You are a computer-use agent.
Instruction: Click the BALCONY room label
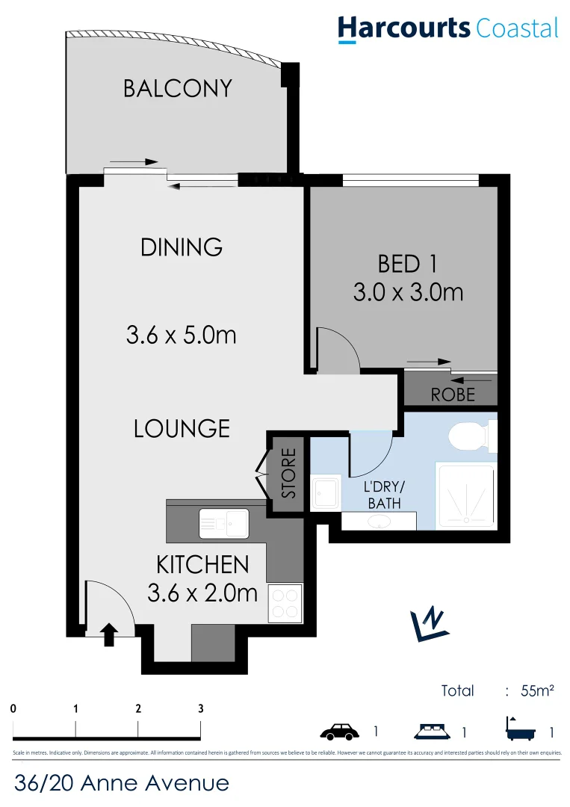click(x=178, y=88)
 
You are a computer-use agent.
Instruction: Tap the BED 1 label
click(x=407, y=264)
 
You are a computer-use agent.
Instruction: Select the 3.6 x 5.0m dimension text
click(x=181, y=335)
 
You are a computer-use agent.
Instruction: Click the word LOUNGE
click(x=182, y=429)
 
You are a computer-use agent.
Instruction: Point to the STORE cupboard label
click(x=289, y=474)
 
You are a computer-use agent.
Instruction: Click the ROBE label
click(x=453, y=394)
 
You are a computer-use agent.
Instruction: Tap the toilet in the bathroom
click(x=469, y=436)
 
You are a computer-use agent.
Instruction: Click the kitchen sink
click(x=224, y=522)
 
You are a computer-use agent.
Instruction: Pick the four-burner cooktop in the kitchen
click(x=285, y=603)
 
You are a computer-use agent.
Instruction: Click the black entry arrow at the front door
click(x=109, y=634)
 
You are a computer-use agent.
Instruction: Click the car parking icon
click(x=341, y=730)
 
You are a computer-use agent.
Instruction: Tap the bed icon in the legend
click(x=433, y=730)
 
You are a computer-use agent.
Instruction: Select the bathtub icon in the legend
click(x=520, y=729)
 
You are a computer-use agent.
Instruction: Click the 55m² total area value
click(x=537, y=690)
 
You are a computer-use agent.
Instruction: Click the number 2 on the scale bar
click(x=138, y=708)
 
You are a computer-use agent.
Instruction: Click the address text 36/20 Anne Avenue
click(x=122, y=783)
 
